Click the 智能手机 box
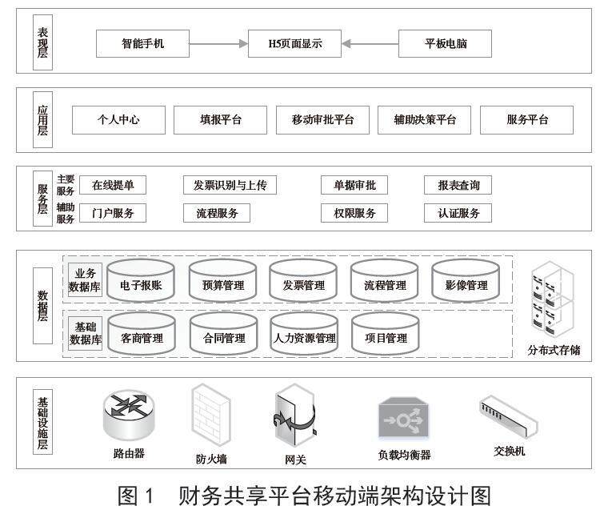142,43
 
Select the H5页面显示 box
294,43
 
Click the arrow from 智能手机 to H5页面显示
218,43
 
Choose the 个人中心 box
118,120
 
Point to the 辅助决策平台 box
425,120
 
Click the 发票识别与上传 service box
230,186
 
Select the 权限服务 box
354,213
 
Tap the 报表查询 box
458,186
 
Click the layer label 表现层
42,42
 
